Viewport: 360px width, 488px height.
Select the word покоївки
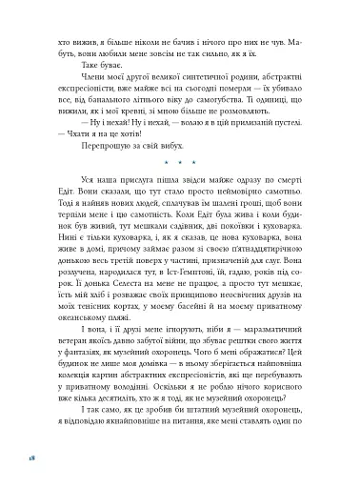pos(232,248)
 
